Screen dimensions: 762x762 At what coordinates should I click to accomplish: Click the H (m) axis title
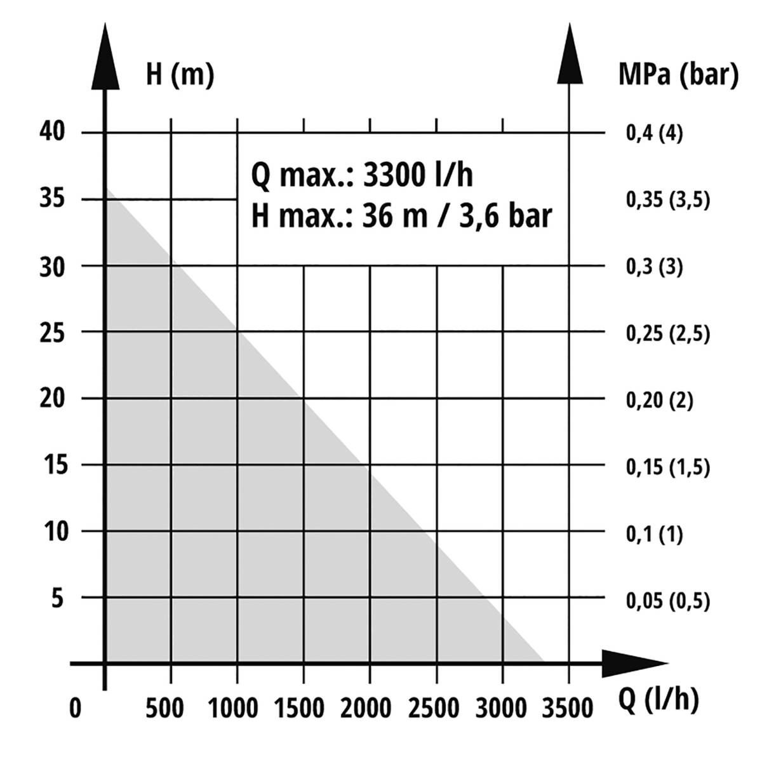pyautogui.click(x=180, y=74)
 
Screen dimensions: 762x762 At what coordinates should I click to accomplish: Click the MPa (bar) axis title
pyautogui.click(x=678, y=74)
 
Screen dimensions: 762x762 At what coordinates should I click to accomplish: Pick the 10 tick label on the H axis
pyautogui.click(x=55, y=531)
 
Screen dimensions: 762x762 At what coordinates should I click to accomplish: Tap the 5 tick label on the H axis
pyautogui.click(x=58, y=598)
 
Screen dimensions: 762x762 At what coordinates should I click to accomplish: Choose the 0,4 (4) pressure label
pyautogui.click(x=655, y=134)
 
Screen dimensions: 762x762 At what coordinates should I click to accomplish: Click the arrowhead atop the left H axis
pyautogui.click(x=105, y=57)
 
